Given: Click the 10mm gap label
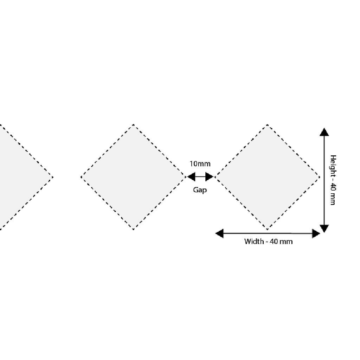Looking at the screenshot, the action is (200, 164).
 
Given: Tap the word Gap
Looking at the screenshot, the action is (200, 190).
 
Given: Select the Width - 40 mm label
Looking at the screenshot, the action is (268, 242).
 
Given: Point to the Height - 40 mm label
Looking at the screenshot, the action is (333, 180).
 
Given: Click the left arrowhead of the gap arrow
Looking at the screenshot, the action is (191, 177).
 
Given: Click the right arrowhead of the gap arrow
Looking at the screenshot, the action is (210, 177).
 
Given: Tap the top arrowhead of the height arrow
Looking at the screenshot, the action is (324, 132).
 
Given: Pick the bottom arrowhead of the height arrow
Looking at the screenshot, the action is (324, 229).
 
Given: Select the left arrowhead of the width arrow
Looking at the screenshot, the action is (219, 233).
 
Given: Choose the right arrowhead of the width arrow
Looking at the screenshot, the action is (316, 233).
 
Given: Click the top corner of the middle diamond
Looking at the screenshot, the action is (133, 125).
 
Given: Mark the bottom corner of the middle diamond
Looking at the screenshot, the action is (133, 229).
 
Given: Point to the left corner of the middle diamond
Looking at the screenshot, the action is (81, 177).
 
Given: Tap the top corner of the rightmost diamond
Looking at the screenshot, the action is (267, 125).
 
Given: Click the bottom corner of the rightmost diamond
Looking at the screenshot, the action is (267, 229).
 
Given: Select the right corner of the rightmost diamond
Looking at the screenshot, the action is (319, 177).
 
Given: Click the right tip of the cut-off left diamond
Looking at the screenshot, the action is (53, 177).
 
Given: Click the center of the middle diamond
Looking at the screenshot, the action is (133, 177).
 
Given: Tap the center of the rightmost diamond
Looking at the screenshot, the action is (267, 177).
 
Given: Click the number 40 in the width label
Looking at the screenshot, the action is (273, 242).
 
